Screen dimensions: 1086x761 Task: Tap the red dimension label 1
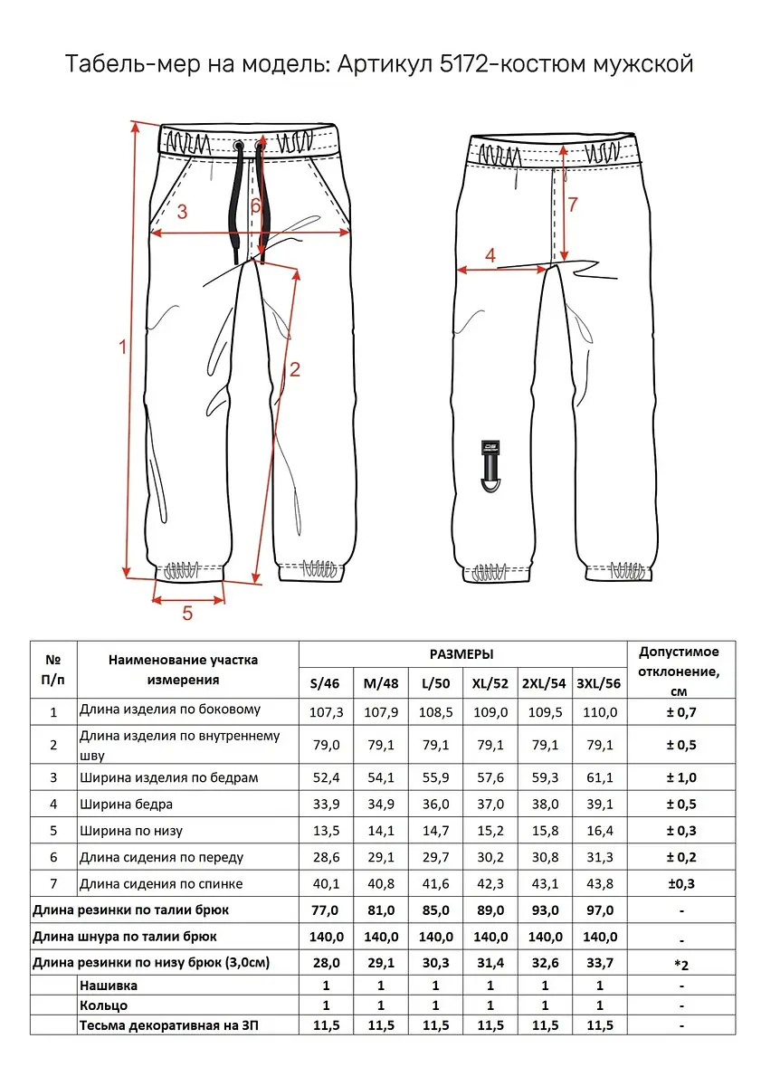click(123, 346)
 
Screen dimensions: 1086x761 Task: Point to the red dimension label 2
click(294, 368)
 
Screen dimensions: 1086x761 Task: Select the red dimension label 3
click(182, 212)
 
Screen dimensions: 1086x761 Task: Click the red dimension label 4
click(490, 256)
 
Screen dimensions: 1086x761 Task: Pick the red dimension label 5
click(187, 613)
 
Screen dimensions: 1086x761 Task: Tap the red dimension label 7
click(572, 205)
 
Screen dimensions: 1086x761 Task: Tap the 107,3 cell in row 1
click(327, 712)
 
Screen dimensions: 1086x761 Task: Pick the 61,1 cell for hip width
click(598, 777)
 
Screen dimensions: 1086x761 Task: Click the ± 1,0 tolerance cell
click(680, 777)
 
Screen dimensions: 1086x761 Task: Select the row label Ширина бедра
click(126, 804)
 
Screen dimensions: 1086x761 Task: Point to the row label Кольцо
click(103, 1005)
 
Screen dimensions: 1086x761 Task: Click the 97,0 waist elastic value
click(598, 910)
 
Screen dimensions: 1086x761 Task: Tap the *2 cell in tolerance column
click(680, 963)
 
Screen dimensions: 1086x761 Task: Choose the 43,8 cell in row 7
click(598, 883)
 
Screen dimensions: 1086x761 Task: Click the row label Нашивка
click(109, 985)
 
